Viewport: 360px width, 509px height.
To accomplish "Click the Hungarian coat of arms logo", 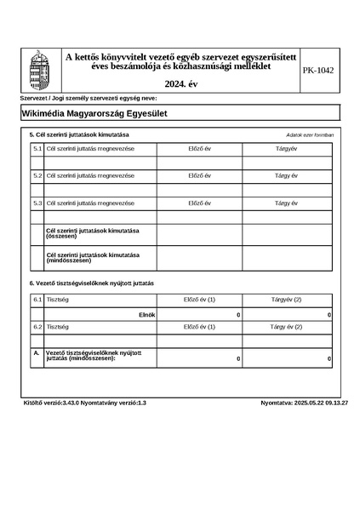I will tap(39, 70).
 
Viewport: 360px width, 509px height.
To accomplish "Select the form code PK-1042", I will tap(318, 71).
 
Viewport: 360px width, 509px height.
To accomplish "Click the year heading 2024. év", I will tap(180, 84).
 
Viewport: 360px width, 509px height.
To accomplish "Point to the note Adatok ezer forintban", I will tap(310, 135).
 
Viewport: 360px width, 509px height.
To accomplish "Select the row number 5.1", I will tap(37, 149).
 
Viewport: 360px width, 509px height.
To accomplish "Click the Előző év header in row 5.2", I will tap(199, 175).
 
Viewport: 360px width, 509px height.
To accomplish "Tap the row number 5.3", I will tap(37, 203).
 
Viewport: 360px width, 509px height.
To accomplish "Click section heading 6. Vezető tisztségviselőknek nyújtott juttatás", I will tap(92, 283).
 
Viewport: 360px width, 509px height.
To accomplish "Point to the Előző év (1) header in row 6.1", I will tap(199, 300).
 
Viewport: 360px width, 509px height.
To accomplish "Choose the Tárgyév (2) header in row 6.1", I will tap(286, 300).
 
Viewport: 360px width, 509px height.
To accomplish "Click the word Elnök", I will tap(146, 315).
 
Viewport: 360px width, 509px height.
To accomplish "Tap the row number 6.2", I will tap(37, 327).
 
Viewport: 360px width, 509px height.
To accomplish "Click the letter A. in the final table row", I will tap(37, 352).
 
